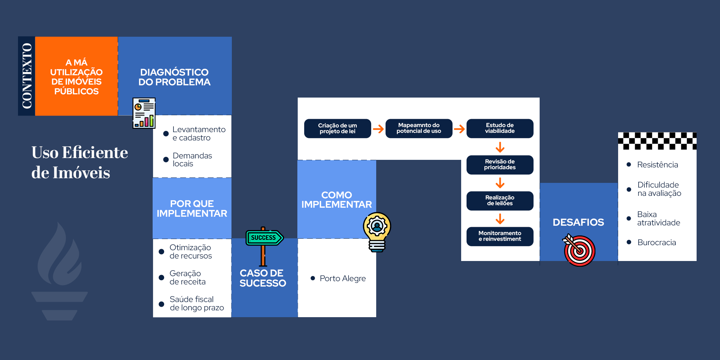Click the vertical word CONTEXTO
coord(27,76)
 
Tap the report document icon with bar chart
coord(144,113)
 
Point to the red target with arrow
coord(579,250)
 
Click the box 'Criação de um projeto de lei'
coord(337,129)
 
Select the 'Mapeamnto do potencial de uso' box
coord(419,129)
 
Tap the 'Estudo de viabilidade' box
coord(500,129)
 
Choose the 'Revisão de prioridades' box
coord(500,165)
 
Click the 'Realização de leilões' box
coord(500,201)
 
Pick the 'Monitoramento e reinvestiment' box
coord(500,237)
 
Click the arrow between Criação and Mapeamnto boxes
coord(378,129)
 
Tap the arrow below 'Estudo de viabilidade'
coord(500,147)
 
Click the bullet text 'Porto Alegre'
coord(342,279)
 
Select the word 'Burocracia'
coord(657,243)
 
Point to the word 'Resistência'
coord(657,165)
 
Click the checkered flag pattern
coord(657,141)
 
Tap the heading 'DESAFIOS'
coord(578,222)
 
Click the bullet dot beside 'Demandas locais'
coord(166,159)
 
